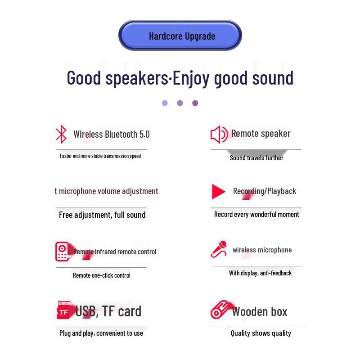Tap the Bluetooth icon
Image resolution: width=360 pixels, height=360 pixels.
click(61, 134)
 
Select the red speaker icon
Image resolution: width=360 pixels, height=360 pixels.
click(219, 134)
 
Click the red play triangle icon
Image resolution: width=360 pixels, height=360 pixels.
click(218, 192)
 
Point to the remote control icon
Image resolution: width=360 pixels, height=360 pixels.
click(62, 252)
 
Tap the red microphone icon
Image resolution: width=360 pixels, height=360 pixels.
click(219, 249)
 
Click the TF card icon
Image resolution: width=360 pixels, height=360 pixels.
click(64, 311)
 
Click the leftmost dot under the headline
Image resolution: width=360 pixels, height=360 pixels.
click(165, 103)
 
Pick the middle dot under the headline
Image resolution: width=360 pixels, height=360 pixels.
click(180, 103)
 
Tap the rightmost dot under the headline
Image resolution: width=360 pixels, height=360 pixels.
click(195, 103)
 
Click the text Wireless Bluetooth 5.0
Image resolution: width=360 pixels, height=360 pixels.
click(111, 134)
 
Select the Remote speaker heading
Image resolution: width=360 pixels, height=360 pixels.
click(261, 133)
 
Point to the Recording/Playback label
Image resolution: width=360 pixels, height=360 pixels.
click(264, 191)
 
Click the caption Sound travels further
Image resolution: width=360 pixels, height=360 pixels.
click(256, 158)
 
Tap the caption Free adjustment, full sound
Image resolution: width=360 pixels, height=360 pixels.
click(102, 215)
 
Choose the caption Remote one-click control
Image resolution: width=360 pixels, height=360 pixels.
click(102, 275)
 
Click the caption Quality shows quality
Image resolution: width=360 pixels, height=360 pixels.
click(261, 333)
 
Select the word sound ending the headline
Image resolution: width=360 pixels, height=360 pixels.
click(273, 78)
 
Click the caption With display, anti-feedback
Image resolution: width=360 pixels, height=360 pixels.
click(260, 273)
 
